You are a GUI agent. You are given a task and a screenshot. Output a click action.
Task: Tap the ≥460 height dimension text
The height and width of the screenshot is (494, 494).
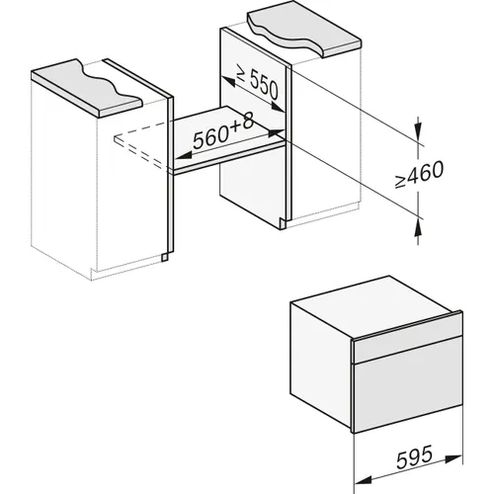pos(419,174)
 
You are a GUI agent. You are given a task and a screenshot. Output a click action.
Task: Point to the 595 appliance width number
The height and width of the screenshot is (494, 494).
pos(414,456)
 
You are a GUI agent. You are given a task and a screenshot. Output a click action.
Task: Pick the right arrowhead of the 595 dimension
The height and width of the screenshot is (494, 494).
pos(453,457)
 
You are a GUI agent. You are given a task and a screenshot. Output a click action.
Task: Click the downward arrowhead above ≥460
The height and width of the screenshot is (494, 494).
pos(418,132)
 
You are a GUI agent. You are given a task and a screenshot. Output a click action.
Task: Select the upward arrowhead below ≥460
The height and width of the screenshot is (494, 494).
pos(418,228)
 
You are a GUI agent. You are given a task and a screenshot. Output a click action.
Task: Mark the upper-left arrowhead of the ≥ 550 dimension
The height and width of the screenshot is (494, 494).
pos(228,82)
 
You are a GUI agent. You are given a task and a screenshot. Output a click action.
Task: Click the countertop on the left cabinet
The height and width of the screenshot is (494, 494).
pos(87,88)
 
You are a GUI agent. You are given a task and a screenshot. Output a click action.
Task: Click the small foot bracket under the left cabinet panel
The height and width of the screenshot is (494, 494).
pos(165,257)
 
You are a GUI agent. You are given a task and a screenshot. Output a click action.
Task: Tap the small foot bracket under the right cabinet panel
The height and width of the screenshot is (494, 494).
pos(284,223)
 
